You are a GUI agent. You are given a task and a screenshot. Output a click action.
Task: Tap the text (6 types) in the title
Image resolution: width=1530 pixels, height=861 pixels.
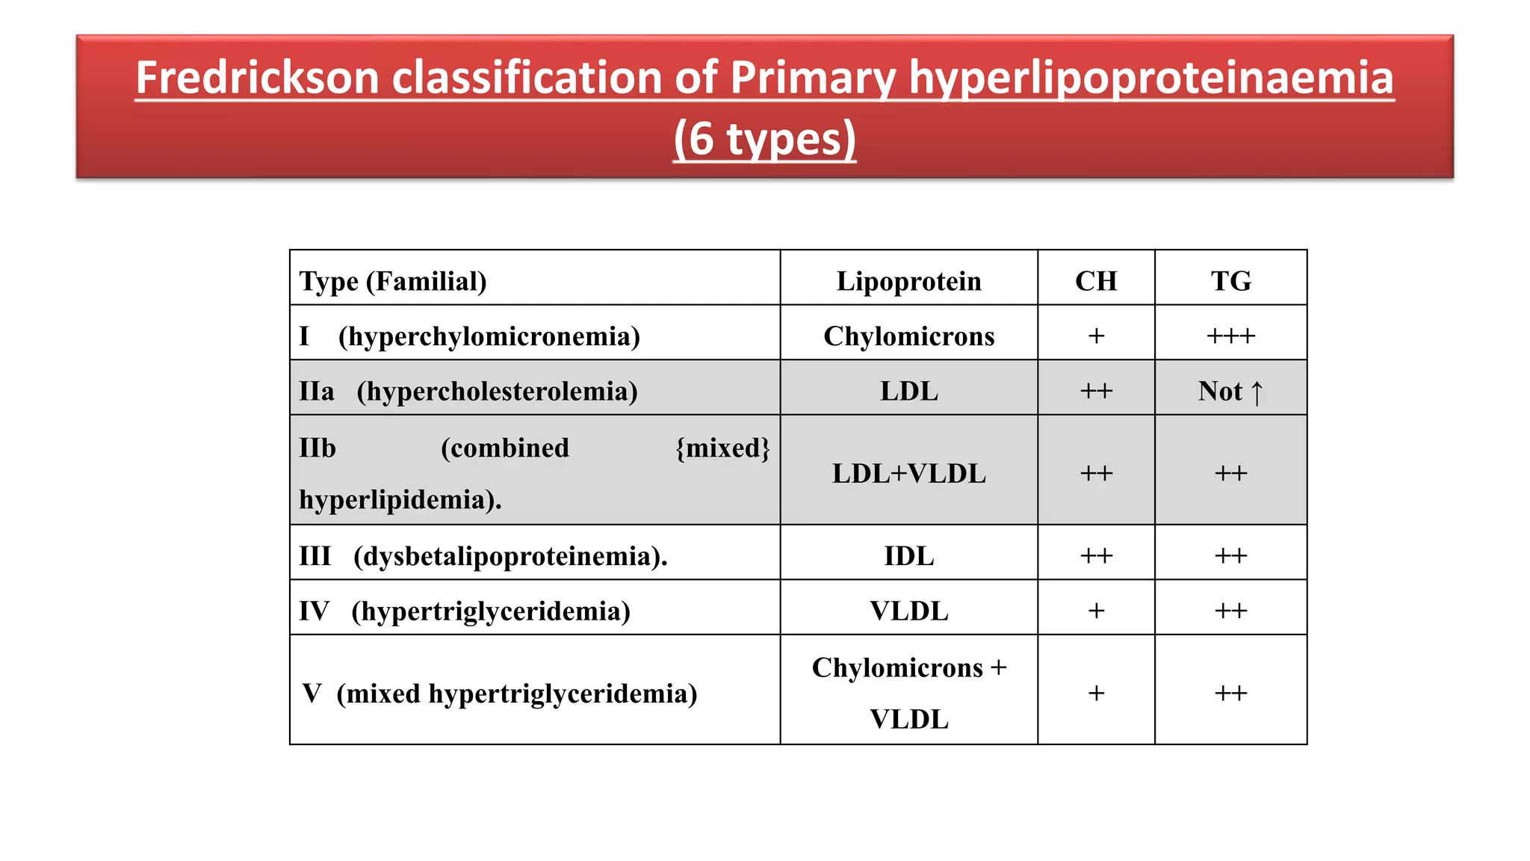764,139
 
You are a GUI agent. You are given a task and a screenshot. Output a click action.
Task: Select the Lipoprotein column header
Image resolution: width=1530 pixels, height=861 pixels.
908,281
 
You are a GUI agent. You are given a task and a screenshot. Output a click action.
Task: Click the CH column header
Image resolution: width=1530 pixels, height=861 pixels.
1096,281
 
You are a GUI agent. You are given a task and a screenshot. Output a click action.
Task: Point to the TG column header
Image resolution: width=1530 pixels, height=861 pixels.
1230,281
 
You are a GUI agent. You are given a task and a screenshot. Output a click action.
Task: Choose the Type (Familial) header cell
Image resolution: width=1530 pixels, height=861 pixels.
393,281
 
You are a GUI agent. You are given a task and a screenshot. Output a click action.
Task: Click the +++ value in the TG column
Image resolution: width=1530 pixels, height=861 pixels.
1230,336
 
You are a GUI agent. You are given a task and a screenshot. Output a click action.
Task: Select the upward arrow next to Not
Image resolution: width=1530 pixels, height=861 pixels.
1257,392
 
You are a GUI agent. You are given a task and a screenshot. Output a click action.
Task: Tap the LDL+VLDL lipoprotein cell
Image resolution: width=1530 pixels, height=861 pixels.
908,473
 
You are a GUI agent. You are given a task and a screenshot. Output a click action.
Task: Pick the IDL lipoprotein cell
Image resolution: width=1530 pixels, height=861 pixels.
908,556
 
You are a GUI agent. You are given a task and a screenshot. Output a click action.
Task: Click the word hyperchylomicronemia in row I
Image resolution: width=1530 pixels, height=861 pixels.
489,336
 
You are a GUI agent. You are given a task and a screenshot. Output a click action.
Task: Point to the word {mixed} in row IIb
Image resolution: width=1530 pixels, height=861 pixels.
722,448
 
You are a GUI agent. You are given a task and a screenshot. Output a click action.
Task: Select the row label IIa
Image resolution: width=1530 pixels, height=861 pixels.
317,391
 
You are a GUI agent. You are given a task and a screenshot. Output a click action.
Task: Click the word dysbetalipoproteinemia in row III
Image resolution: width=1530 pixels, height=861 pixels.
510,556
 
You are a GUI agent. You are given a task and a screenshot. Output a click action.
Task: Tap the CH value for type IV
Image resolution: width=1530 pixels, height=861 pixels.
1096,611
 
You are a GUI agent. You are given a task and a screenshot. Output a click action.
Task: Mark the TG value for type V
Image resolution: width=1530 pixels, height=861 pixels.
1230,694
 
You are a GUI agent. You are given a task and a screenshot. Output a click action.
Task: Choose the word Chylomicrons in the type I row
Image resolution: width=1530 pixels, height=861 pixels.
908,336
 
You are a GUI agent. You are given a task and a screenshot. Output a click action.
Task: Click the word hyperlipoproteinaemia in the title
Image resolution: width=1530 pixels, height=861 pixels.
1150,78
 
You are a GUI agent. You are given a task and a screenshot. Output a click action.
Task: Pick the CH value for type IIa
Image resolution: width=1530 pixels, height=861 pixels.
1096,391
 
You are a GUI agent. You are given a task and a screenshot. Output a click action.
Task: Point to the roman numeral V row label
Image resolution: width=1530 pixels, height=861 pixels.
312,694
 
